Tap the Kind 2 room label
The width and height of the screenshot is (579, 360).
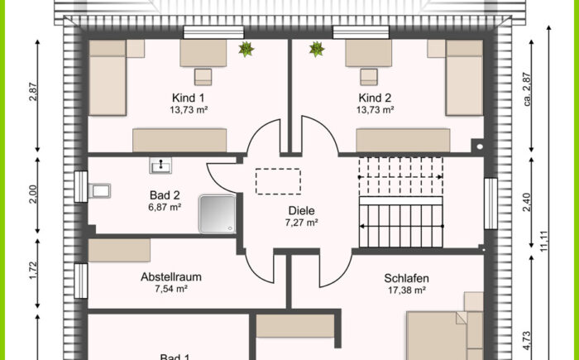[375, 97]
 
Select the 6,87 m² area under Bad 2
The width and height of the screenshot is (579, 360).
[165, 208]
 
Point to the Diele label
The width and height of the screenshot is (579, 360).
[301, 210]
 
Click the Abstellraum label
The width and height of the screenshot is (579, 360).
[171, 277]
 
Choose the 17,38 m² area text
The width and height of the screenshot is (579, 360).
[404, 290]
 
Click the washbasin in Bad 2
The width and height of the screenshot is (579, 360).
[160, 166]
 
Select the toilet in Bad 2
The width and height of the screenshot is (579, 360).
[100, 192]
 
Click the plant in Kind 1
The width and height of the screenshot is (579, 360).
[245, 50]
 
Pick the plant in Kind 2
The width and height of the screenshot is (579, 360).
[316, 50]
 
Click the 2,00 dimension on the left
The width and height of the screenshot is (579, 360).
[33, 194]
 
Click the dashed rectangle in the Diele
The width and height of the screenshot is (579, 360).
[278, 180]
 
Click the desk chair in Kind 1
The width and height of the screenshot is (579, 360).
[203, 78]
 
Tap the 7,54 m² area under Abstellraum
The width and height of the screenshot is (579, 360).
[171, 290]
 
